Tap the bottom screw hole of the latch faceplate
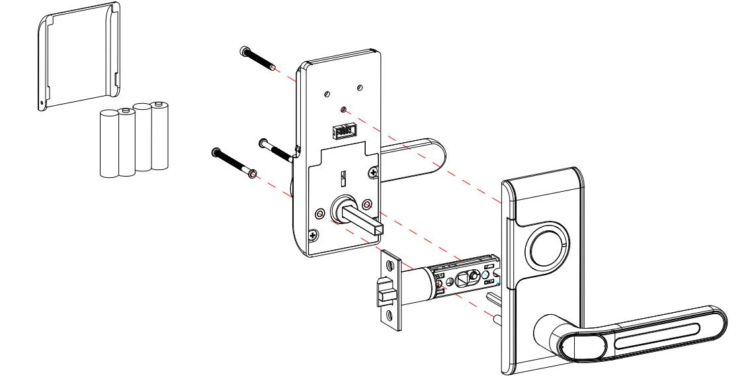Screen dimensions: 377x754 [390, 316]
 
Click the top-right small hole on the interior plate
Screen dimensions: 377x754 [360, 88]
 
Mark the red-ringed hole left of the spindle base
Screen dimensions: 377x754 [320, 215]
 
